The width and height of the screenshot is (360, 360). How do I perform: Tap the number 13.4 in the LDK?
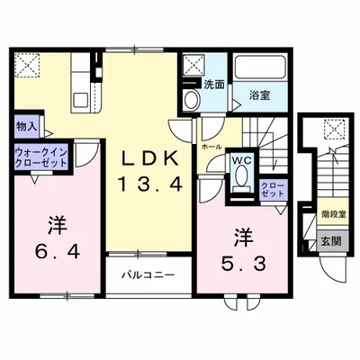[149, 186]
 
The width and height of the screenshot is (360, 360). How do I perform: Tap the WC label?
[241, 163]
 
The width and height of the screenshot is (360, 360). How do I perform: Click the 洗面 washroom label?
[212, 84]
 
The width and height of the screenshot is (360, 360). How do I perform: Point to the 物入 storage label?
[25, 128]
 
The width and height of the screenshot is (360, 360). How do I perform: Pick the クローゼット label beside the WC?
[272, 191]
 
